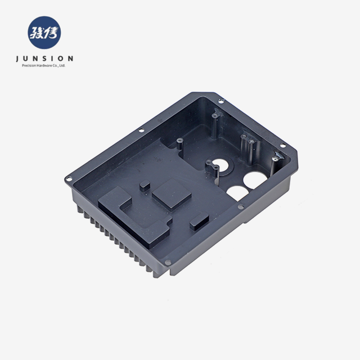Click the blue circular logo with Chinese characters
tap(44, 33)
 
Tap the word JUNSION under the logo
tap(44, 58)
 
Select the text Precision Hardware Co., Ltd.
tap(44, 65)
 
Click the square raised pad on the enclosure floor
tap(172, 195)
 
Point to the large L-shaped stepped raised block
tap(135, 216)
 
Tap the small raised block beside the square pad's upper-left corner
tap(145, 186)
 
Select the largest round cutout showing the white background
tap(255, 181)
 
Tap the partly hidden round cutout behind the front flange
tap(237, 192)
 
